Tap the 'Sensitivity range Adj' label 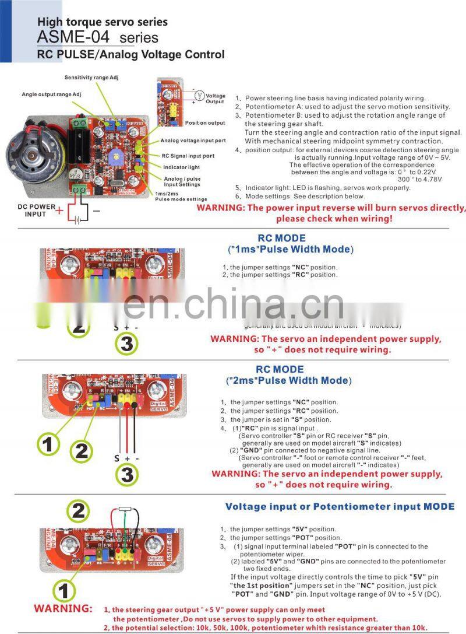pos(95,78)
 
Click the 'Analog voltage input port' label pos(193,141)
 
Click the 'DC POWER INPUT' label pos(34,210)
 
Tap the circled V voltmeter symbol pos(198,95)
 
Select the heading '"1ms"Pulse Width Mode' pos(290,249)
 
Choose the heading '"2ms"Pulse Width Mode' pos(288,380)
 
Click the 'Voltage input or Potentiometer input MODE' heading pos(340,507)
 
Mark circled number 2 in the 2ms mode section pos(82,450)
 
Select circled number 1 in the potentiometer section pos(65,590)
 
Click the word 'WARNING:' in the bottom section pos(63,608)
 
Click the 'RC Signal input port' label pos(188,156)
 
